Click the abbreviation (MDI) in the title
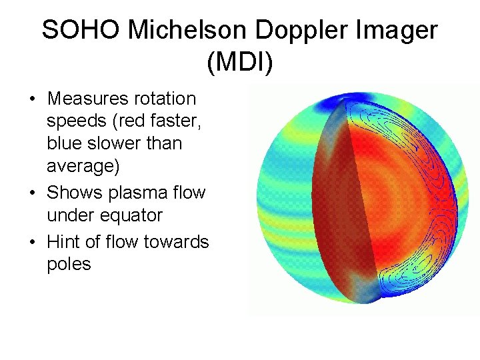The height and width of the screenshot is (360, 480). click(240, 63)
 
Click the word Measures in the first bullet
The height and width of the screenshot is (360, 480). click(89, 99)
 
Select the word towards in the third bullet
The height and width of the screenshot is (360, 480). click(177, 241)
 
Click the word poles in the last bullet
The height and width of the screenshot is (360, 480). click(69, 264)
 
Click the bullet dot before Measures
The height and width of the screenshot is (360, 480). click(32, 99)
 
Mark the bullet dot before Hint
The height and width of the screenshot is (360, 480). click(32, 242)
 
